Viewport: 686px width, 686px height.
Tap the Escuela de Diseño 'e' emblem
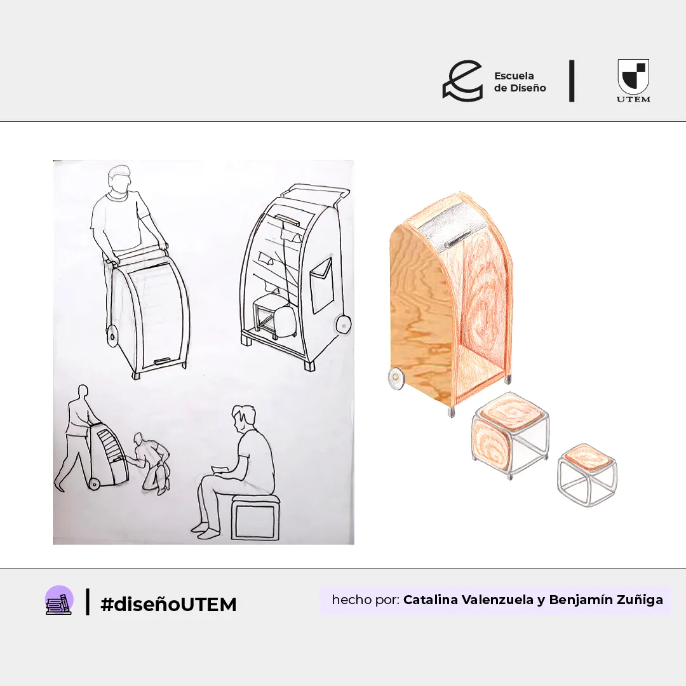462,81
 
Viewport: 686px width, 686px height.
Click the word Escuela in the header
514,76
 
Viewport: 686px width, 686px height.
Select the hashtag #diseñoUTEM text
168,604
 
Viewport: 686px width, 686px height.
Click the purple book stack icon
60,600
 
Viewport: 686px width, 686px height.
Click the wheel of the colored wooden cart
397,377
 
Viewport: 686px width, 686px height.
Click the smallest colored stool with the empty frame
587,474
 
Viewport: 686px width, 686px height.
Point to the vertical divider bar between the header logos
572,81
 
